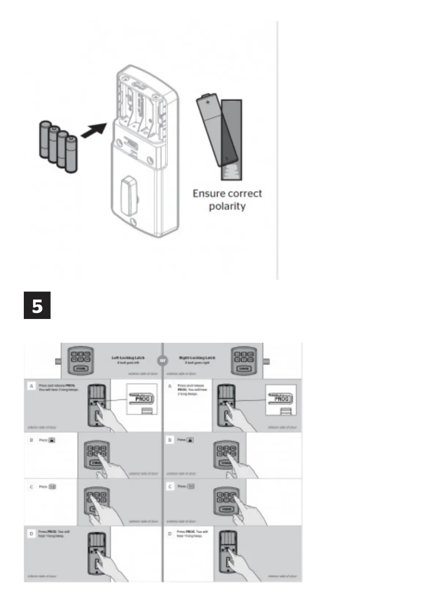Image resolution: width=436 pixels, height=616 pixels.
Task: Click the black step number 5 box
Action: pos(37,305)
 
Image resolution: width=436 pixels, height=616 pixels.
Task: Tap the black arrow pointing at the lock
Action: pos(94,131)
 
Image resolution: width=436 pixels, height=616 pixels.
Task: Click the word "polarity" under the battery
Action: pos(227,206)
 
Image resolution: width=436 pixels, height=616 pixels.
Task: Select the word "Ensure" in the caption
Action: pos(207,194)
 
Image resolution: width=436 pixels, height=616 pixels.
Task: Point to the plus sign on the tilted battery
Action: pos(207,102)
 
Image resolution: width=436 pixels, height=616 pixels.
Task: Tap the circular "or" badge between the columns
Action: pos(163,360)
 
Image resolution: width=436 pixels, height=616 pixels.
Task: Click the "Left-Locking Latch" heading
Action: pos(128,358)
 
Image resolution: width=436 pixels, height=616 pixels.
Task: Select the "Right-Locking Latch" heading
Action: pos(197,358)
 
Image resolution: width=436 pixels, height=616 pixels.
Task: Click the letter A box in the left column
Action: pos(32,386)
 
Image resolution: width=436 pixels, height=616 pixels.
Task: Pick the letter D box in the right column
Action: pos(170,534)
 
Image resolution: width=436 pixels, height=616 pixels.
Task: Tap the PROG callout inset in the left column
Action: pos(141,399)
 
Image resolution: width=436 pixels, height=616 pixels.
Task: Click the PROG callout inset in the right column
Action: pos(281,399)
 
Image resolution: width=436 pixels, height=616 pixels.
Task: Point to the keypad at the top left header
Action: pos(80,361)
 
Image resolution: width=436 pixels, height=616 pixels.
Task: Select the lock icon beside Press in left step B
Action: pos(52,440)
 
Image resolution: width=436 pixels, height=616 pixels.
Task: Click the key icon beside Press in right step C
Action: pos(191,487)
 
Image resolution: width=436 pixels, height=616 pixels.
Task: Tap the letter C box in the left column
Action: pos(32,487)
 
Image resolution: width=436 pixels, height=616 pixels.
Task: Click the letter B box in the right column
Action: pos(170,440)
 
